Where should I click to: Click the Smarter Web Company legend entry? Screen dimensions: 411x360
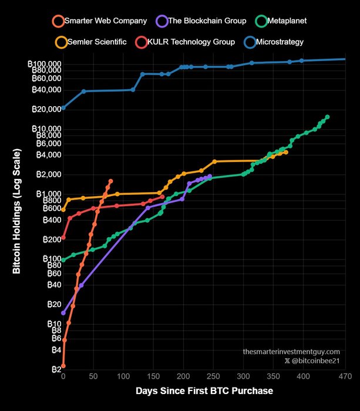click(x=99, y=21)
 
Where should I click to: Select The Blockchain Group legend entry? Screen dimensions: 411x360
click(x=199, y=21)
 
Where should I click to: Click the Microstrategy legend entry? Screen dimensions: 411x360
click(x=276, y=42)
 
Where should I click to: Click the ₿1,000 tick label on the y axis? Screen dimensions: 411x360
click(x=46, y=194)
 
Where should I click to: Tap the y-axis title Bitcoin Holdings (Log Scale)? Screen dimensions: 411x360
click(x=17, y=212)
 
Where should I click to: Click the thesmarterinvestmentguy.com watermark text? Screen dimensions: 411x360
click(x=291, y=351)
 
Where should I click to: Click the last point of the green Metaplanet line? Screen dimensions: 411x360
click(x=327, y=117)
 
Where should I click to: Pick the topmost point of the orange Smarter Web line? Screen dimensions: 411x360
click(x=110, y=181)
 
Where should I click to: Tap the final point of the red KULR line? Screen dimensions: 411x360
click(x=162, y=197)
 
